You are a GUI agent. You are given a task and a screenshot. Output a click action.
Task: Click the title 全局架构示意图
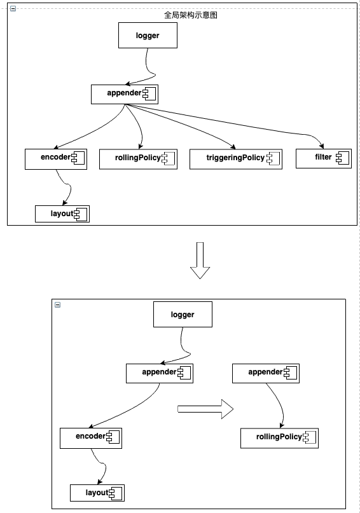(190, 15)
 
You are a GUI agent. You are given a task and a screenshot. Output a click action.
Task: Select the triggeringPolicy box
(235, 160)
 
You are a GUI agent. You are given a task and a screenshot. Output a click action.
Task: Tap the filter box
(324, 159)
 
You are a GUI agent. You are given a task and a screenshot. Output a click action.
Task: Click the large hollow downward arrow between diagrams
(200, 261)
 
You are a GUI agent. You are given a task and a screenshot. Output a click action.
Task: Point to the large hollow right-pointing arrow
(205, 409)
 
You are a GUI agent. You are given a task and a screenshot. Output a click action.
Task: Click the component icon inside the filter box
(343, 158)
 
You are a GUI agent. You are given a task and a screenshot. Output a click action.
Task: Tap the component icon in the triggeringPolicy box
(273, 159)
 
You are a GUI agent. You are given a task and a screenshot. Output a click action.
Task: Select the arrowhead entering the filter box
(321, 146)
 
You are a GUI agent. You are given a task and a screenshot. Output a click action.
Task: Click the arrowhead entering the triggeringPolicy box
(233, 147)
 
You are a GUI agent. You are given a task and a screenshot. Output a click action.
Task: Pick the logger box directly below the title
(148, 36)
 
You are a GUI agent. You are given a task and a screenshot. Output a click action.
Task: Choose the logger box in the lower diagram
(183, 315)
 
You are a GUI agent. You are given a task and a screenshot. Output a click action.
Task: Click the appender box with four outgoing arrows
(125, 95)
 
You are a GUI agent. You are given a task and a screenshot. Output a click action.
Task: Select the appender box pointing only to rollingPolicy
(266, 373)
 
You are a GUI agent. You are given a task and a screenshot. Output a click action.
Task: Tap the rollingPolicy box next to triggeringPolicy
(138, 160)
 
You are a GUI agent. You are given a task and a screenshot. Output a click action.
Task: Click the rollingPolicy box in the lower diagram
(279, 439)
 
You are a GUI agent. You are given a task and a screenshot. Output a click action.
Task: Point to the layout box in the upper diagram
(62, 214)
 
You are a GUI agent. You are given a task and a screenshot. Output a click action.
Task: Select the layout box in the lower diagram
(97, 493)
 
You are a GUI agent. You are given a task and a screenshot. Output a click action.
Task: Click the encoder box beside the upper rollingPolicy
(56, 160)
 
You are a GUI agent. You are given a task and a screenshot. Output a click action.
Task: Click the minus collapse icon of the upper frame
(13, 8)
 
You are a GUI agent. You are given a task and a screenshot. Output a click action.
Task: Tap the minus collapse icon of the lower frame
(58, 304)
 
